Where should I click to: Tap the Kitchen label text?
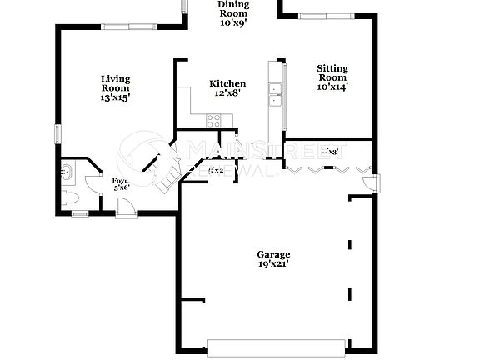227,88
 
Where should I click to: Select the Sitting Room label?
332,77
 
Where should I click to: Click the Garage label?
273,258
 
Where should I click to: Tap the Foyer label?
121,183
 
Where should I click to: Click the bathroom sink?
67,173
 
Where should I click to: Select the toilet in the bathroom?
71,197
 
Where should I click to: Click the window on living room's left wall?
57,133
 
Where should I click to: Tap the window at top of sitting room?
326,15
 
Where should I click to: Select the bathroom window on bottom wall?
79,214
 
